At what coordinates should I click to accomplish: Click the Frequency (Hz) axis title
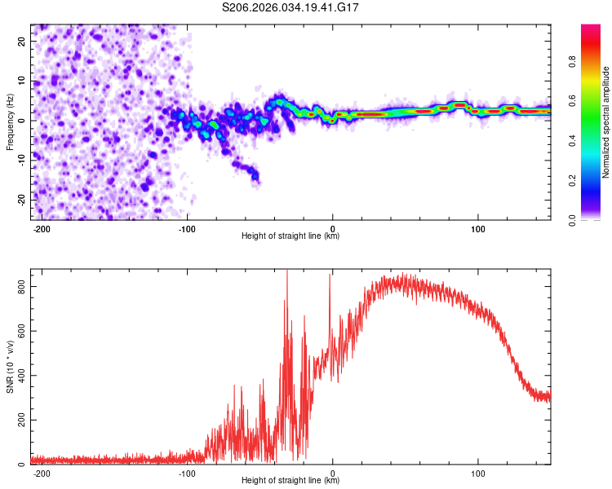10,121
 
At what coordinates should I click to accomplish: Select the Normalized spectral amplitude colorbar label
606,122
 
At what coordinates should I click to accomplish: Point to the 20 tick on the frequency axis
21,41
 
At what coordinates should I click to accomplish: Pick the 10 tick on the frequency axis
21,81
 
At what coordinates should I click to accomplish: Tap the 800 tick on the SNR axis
18,287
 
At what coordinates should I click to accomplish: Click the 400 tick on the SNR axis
18,376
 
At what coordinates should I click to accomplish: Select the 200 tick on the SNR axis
18,421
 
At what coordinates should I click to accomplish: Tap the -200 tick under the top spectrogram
41,227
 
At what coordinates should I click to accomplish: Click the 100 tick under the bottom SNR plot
477,472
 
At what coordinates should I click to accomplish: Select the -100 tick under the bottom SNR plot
186,472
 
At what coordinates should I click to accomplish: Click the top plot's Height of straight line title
290,236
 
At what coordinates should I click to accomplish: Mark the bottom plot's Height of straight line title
290,481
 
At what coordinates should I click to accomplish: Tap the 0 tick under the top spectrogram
332,227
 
